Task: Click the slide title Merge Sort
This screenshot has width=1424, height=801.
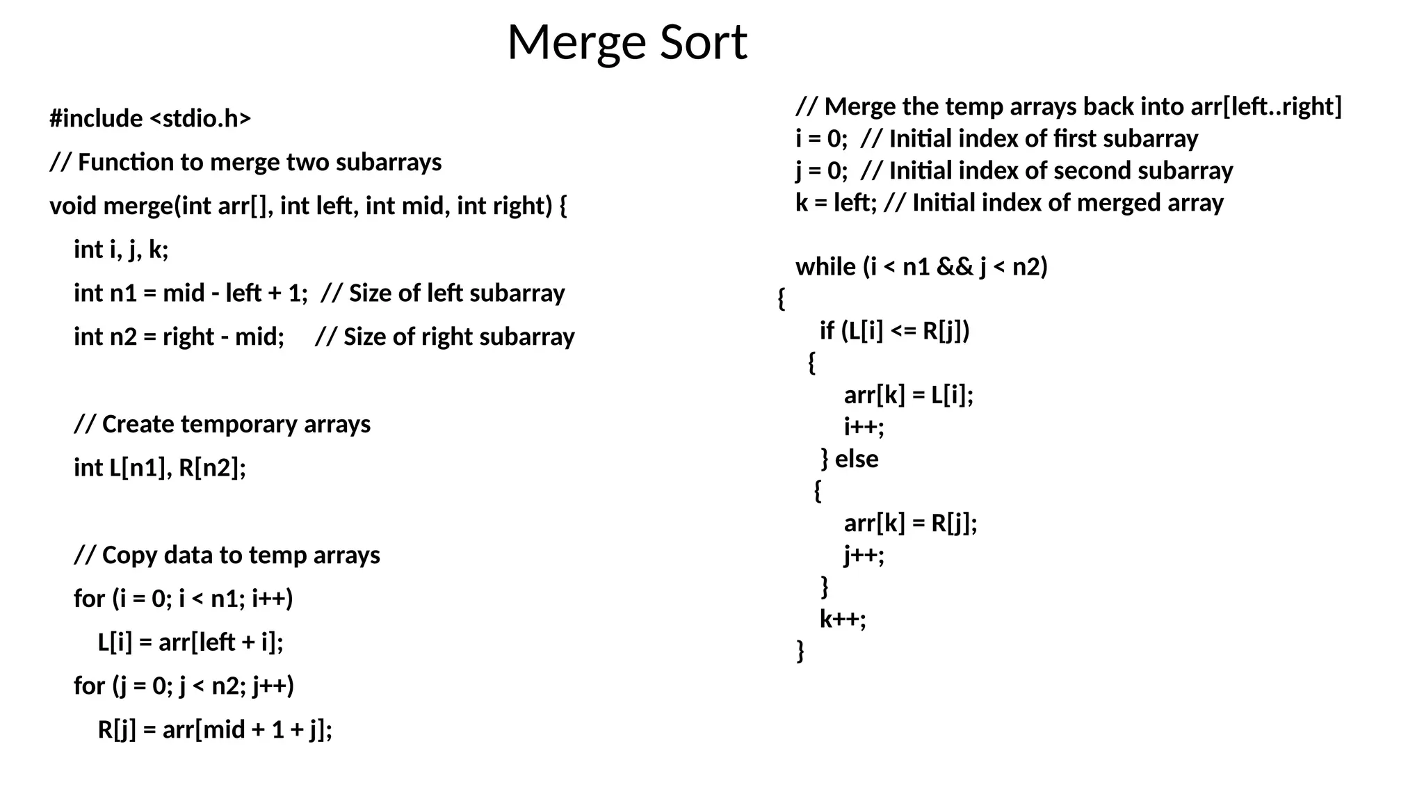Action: tap(627, 43)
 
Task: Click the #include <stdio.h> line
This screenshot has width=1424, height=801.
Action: tap(150, 119)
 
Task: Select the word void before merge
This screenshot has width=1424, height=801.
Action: tap(74, 206)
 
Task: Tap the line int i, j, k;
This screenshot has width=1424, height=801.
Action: tap(121, 250)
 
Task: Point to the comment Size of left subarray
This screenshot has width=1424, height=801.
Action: tap(443, 293)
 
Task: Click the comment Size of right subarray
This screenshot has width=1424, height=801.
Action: tap(445, 337)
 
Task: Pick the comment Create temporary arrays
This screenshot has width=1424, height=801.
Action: tap(222, 424)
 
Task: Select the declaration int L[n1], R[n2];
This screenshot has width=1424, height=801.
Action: tap(160, 468)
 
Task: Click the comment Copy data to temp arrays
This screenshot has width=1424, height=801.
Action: tap(227, 556)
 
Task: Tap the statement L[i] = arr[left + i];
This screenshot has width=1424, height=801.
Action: tap(191, 642)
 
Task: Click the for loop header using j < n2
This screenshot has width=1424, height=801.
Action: tap(184, 686)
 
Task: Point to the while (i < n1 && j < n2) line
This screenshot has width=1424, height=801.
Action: tap(921, 267)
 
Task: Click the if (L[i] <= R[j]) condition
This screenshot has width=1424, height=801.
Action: tap(895, 331)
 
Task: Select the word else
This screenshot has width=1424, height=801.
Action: tap(857, 459)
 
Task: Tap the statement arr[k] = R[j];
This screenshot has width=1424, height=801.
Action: tap(910, 523)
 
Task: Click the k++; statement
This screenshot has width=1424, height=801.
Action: tap(843, 619)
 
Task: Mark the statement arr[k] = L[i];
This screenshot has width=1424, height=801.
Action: tap(909, 395)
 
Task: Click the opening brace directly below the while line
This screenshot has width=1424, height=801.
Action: tap(782, 299)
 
